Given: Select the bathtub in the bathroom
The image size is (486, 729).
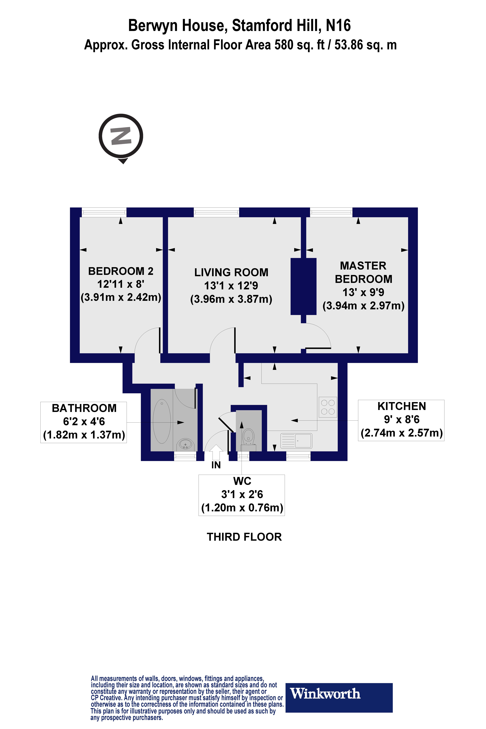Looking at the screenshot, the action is (x=162, y=421).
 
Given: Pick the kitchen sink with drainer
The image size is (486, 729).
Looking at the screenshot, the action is (x=296, y=441).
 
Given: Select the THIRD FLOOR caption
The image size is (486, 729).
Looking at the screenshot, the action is (x=244, y=537).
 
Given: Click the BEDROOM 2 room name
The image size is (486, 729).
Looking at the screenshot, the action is (x=121, y=271).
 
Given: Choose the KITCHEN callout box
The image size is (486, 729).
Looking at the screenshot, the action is (x=401, y=420).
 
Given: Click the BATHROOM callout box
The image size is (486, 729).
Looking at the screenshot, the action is (x=84, y=422).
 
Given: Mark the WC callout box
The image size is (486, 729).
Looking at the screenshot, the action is (x=242, y=495).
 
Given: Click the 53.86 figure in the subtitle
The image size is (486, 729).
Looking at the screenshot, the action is (x=349, y=45).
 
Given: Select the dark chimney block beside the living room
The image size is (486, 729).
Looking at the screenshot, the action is (x=303, y=286).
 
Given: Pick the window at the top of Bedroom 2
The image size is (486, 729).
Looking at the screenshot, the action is (x=104, y=212).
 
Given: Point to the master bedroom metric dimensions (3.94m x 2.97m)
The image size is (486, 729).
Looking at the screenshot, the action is (x=364, y=306).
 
